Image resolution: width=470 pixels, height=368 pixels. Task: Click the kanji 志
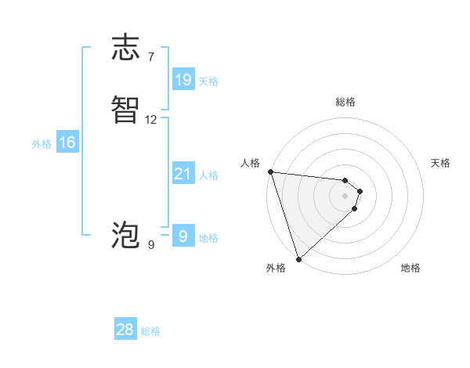point(125,48)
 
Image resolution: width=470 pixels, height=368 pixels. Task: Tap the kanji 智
point(125,110)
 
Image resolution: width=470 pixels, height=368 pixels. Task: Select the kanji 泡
point(125,235)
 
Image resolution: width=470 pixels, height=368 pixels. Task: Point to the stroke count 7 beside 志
point(150,56)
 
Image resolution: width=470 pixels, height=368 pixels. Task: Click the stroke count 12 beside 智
point(151,120)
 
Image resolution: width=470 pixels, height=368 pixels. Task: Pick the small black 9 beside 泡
point(150,245)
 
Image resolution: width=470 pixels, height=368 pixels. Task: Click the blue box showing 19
point(183,79)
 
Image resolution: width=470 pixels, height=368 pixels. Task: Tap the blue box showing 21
point(183,174)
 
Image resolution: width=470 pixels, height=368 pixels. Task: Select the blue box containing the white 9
point(183,236)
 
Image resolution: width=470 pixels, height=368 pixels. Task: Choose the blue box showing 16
point(67,143)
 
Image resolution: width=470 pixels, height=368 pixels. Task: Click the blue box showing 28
point(125,330)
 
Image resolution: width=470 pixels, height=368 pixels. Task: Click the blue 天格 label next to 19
point(208,81)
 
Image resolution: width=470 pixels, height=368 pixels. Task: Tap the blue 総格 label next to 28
point(150,332)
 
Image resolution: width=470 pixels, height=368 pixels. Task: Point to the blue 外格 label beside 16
point(42,145)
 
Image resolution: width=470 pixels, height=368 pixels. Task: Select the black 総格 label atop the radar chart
point(345,102)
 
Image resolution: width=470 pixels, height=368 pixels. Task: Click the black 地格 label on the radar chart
point(410,268)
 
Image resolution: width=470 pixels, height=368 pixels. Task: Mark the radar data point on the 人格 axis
point(270,171)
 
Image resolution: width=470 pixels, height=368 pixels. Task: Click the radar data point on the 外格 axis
point(298,258)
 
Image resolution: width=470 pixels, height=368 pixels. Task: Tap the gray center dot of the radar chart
point(345,195)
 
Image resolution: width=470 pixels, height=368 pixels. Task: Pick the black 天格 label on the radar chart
point(440,163)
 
